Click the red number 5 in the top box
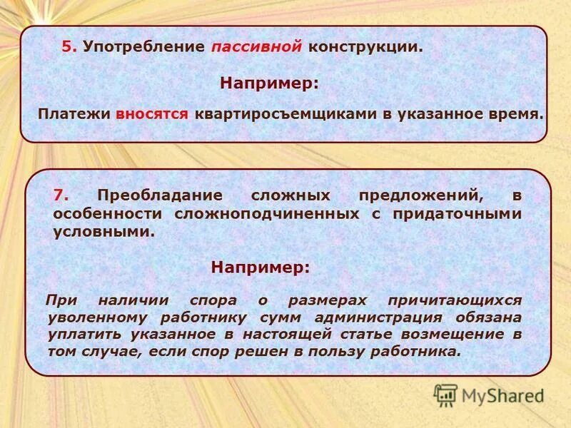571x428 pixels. pyautogui.click(x=67, y=47)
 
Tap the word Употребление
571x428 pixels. pyautogui.click(x=143, y=47)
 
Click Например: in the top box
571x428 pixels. pyautogui.click(x=269, y=83)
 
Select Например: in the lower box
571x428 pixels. pyautogui.click(x=261, y=267)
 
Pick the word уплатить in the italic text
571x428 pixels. pyautogui.click(x=86, y=334)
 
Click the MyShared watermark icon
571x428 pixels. pyautogui.click(x=446, y=394)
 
